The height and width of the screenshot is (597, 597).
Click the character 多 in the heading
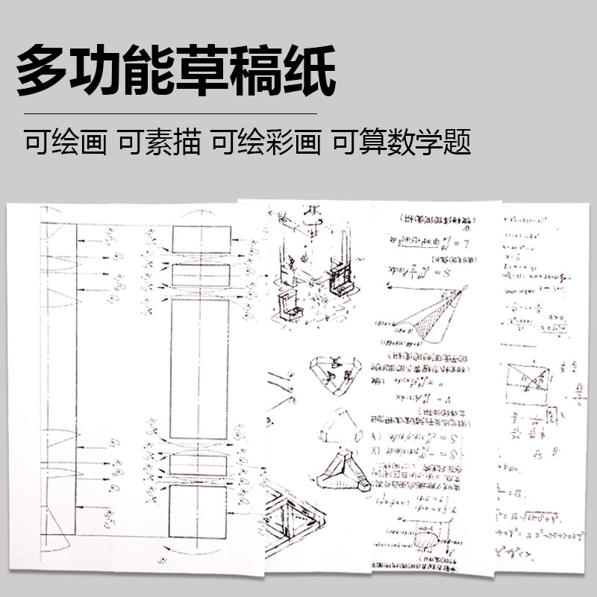coord(46,70)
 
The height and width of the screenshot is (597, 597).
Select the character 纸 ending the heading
coord(304,70)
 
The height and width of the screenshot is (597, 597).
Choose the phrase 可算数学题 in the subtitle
coord(401,142)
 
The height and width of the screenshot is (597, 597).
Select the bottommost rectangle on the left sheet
coord(199,510)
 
